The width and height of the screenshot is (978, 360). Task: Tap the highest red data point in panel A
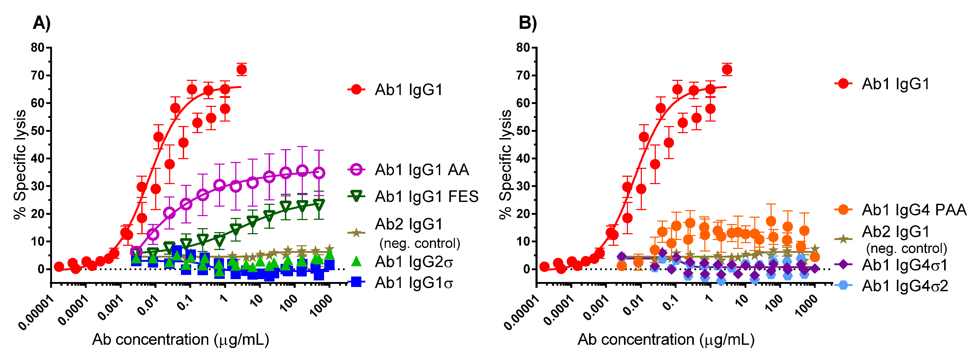point(241,70)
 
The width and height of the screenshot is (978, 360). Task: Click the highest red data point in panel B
point(727,70)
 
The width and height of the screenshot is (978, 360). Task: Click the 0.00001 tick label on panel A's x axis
point(36,313)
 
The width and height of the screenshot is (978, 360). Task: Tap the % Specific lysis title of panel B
point(505,164)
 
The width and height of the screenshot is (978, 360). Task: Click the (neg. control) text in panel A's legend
point(419,243)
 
